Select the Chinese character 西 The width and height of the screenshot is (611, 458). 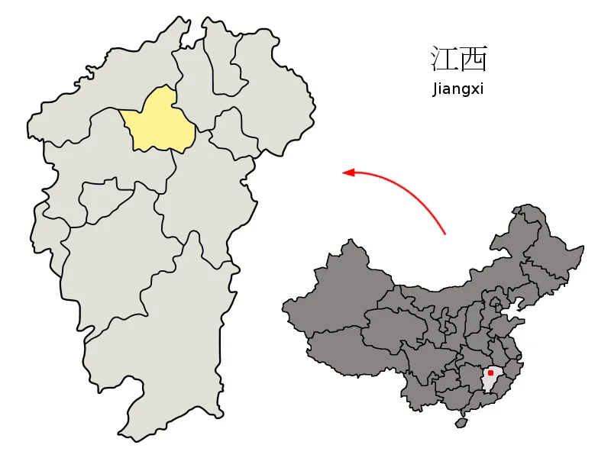click(x=474, y=59)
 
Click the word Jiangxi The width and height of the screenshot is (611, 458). click(x=457, y=89)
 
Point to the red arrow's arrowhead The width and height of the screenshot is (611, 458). click(x=348, y=173)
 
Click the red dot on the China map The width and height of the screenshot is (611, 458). click(x=490, y=373)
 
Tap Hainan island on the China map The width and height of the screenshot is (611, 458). click(x=461, y=422)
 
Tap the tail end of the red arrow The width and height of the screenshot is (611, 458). click(x=445, y=233)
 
